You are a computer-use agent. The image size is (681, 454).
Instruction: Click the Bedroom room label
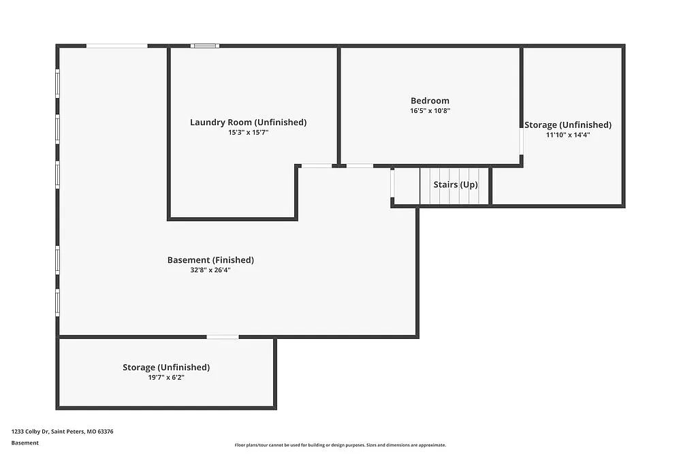point(430,101)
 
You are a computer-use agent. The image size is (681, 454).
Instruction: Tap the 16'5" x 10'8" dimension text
point(430,110)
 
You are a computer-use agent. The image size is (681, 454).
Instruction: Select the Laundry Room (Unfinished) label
point(248,123)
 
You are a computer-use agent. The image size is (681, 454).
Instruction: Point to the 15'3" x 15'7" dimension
point(248,133)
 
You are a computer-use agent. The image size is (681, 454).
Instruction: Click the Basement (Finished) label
point(210,260)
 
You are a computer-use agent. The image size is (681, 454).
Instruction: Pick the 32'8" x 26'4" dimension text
point(210,270)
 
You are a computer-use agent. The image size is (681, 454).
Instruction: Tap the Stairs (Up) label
point(456,185)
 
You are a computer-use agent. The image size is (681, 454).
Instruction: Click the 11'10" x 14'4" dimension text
point(567,135)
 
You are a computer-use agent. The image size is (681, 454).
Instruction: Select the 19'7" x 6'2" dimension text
point(166,377)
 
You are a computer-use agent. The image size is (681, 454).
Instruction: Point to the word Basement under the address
point(25,443)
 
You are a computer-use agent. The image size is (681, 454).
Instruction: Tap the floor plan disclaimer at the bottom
point(340,445)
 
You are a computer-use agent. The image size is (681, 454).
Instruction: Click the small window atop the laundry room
point(204,46)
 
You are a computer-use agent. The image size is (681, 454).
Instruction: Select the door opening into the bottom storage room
point(223,336)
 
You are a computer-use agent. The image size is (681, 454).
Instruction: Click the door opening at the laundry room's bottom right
point(317,165)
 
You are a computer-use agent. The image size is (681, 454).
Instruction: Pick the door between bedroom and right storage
point(522,142)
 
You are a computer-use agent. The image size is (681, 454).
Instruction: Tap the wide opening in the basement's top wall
point(116,46)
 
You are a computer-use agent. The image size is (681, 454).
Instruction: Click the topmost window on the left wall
point(58,84)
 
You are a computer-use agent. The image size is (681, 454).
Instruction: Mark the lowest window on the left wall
point(58,302)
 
